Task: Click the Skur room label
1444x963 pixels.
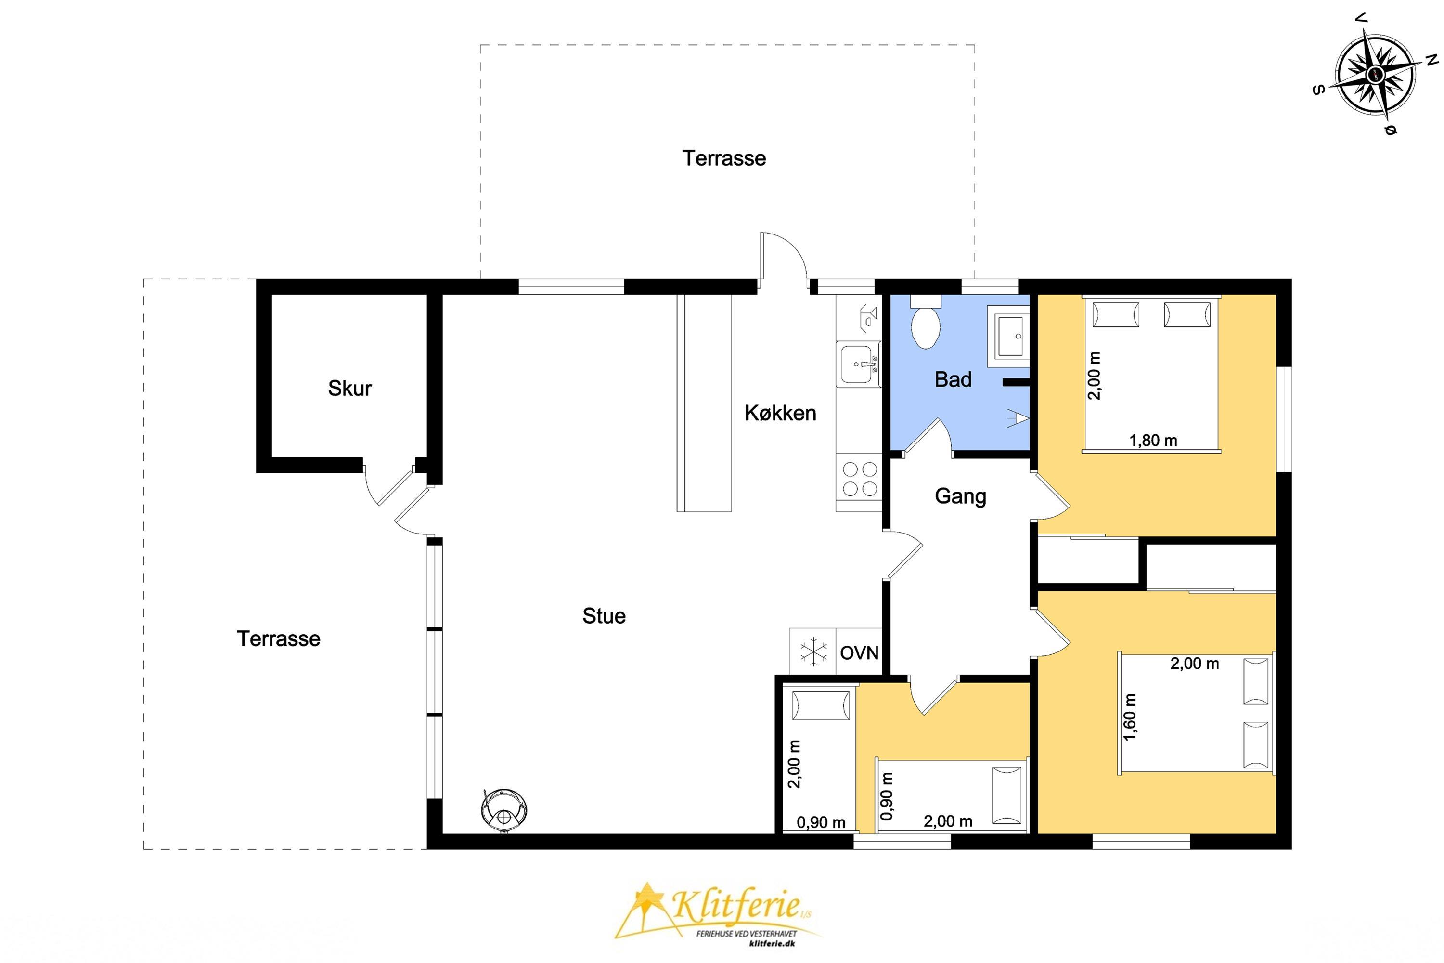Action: pos(349,388)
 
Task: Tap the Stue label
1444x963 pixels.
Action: pos(604,616)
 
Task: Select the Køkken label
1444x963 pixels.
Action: pos(780,413)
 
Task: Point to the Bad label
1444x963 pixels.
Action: pos(953,379)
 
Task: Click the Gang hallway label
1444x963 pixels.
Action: pos(960,496)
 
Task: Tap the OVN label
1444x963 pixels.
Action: pos(859,653)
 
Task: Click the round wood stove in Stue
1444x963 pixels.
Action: pos(504,810)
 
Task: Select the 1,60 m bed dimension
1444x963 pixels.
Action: pos(1130,717)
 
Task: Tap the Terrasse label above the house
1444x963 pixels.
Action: pos(724,158)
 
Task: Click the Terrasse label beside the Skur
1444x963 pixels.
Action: pos(278,639)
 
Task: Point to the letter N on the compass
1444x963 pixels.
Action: pos(1431,60)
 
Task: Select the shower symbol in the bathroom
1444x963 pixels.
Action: pos(1018,417)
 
